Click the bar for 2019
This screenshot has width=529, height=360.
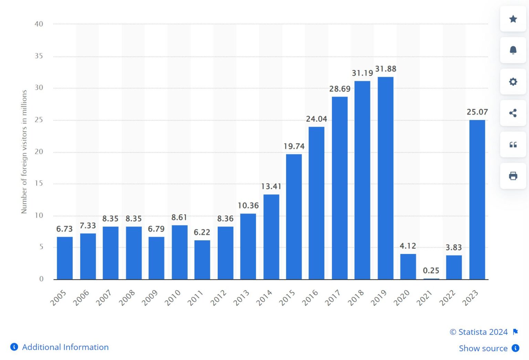pyautogui.click(x=385, y=178)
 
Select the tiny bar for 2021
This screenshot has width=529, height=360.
pyautogui.click(x=431, y=278)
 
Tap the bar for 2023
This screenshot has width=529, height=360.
pyautogui.click(x=477, y=200)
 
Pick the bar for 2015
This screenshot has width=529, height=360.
pyautogui.click(x=294, y=216)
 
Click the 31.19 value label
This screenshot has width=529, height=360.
pyautogui.click(x=362, y=73)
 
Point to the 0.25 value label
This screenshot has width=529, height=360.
pyautogui.click(x=431, y=271)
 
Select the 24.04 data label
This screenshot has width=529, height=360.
pyautogui.click(x=317, y=119)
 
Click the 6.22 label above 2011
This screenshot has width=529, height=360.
pyautogui.click(x=202, y=232)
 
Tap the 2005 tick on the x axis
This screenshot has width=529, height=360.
pyautogui.click(x=58, y=298)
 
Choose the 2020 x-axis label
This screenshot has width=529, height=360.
pyautogui.click(x=402, y=298)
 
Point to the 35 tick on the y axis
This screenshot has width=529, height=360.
pyautogui.click(x=39, y=56)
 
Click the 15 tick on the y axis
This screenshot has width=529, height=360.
pyautogui.click(x=39, y=183)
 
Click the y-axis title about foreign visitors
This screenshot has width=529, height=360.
pyautogui.click(x=24, y=152)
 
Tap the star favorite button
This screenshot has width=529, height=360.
pyautogui.click(x=513, y=19)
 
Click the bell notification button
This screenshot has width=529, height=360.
pyautogui.click(x=513, y=50)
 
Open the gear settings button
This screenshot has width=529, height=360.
pyautogui.click(x=513, y=82)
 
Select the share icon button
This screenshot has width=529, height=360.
pyautogui.click(x=513, y=113)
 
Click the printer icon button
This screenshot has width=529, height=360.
pyautogui.click(x=513, y=176)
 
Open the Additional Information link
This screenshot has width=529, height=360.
pyautogui.click(x=65, y=347)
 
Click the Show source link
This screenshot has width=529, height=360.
pyautogui.click(x=483, y=348)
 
